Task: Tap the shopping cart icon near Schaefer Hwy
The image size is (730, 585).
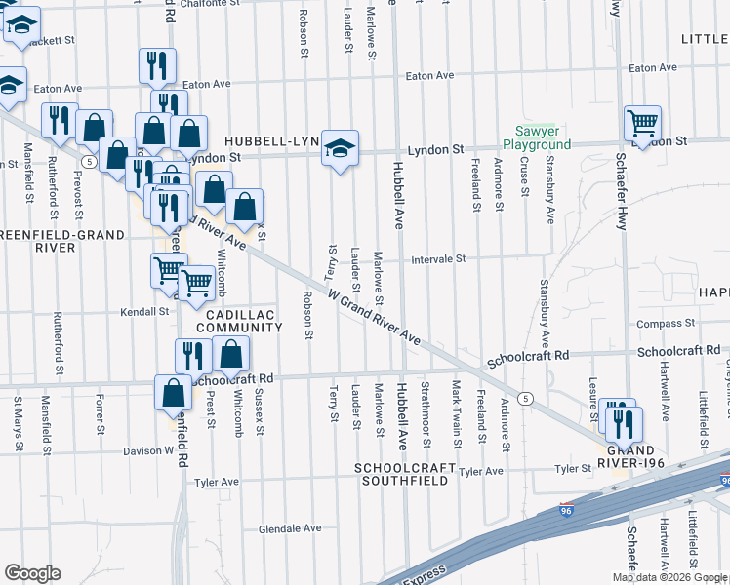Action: click(x=642, y=124)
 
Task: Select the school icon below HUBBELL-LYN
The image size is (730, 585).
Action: click(x=340, y=149)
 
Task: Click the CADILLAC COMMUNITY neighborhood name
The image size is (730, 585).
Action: click(x=239, y=320)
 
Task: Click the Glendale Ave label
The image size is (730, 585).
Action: click(x=290, y=528)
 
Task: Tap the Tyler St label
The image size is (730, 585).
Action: click(x=573, y=469)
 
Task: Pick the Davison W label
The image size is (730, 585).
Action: click(x=148, y=450)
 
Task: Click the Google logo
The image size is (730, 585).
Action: click(x=32, y=573)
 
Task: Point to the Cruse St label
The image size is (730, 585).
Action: click(x=524, y=179)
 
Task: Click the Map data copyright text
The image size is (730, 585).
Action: click(x=669, y=577)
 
